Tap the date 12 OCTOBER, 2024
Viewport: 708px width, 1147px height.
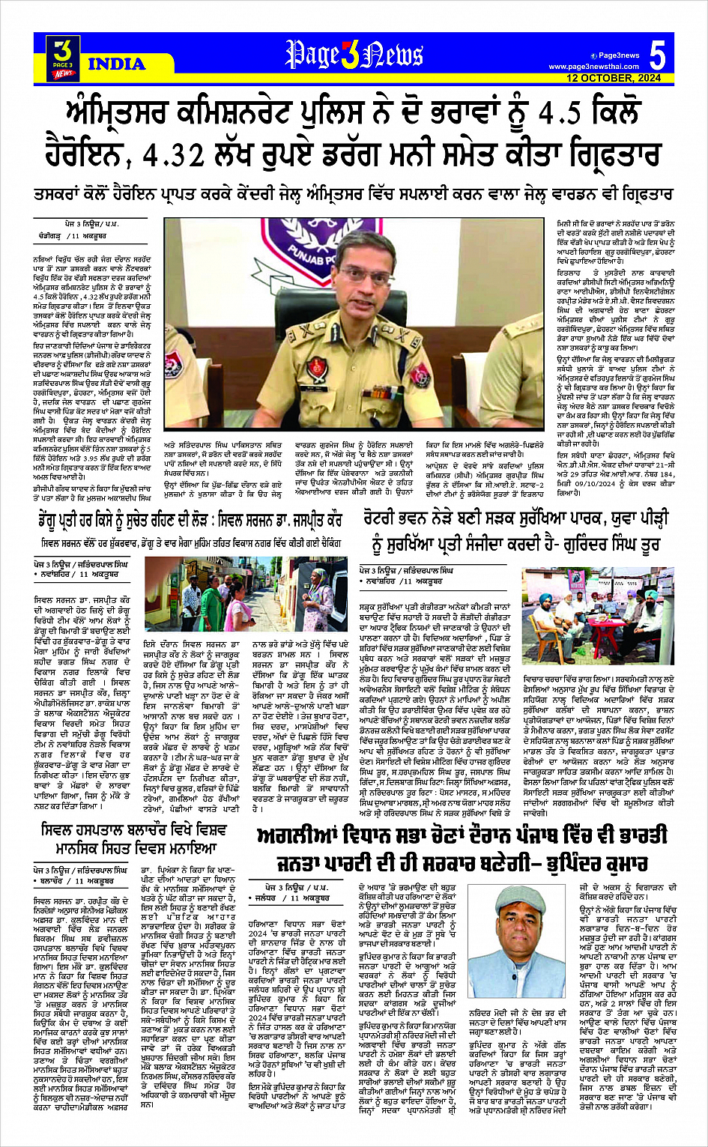[614, 79]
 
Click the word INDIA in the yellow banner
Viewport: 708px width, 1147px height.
[116, 64]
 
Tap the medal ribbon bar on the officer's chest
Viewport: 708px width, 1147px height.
[336, 365]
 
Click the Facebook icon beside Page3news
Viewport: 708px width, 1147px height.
[593, 55]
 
